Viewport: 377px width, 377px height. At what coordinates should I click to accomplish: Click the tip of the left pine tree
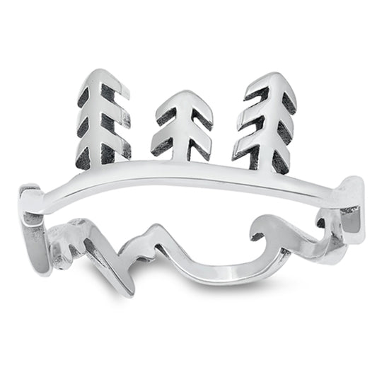point(105,71)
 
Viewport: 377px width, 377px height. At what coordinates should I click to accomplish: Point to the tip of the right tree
point(270,74)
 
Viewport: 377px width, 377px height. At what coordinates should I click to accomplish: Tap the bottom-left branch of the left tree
point(84,157)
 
